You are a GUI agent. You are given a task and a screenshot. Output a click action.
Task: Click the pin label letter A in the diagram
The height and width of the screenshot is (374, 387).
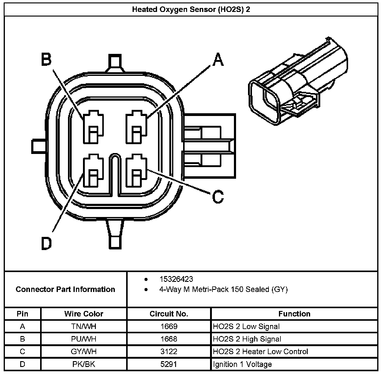218,59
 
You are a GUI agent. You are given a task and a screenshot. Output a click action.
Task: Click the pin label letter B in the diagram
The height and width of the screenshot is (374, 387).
47,59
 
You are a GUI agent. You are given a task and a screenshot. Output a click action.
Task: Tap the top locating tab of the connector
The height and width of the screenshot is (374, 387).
115,63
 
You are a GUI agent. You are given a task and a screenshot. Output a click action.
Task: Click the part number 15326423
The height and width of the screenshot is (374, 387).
176,279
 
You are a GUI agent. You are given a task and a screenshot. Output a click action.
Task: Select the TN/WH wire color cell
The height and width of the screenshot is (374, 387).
84,327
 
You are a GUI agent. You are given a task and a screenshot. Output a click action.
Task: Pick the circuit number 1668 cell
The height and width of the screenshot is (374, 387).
169,339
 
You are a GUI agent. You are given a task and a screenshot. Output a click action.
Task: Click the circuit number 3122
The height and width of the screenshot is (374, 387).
169,352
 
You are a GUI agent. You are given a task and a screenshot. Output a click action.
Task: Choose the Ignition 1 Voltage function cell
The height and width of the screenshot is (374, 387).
242,364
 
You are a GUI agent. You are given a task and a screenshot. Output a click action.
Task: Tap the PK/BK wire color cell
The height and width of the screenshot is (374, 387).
84,364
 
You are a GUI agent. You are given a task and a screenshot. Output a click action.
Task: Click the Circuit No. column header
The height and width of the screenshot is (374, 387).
169,314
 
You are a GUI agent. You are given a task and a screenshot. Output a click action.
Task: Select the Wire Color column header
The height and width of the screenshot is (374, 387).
84,314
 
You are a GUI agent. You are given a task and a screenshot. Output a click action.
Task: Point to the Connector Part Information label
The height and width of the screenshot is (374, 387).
65,289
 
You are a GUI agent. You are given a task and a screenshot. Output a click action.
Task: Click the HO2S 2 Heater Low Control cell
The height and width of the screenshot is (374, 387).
260,352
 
